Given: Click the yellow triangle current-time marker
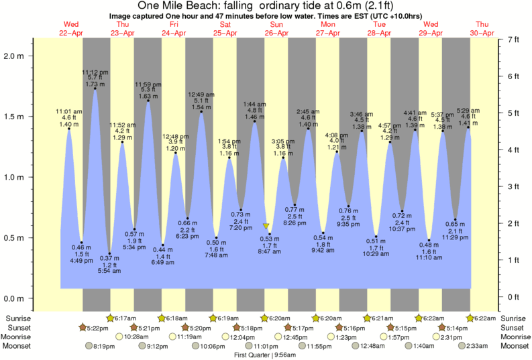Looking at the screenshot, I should tap(266, 227).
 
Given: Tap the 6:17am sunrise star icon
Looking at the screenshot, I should tap(111, 318).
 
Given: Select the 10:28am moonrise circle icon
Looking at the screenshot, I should tap(120, 337).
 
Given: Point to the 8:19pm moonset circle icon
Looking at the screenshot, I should tap(89, 346).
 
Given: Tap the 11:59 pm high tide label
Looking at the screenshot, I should tap(148, 84).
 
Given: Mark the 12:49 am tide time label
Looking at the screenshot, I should tap(201, 94).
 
